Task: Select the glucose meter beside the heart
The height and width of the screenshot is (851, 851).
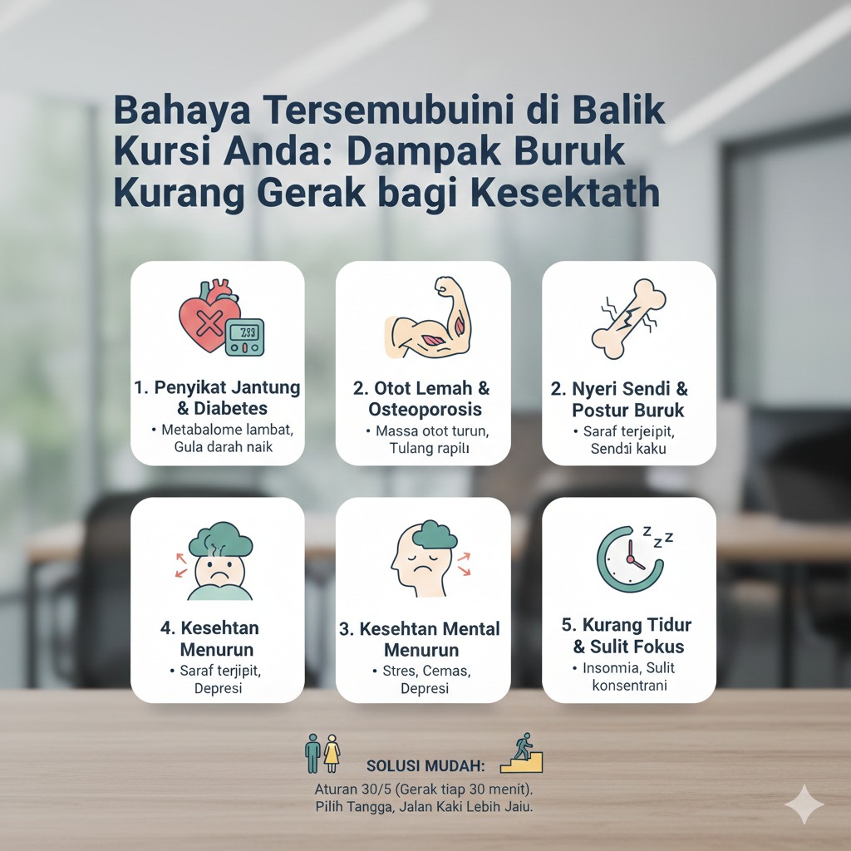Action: [x=247, y=336]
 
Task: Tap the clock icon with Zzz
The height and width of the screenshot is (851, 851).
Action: [x=632, y=557]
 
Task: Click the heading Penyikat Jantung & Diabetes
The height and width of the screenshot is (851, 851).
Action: [x=218, y=398]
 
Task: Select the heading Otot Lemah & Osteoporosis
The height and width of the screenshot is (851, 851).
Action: [x=423, y=398]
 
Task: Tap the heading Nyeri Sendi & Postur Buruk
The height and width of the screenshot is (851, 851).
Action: [x=629, y=398]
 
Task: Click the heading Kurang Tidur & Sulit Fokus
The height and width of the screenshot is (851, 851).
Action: [x=629, y=635]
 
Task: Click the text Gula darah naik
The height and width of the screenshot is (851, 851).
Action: [x=218, y=447]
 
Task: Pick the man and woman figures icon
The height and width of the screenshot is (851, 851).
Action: [x=322, y=753]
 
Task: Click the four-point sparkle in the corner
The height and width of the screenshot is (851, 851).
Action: [x=804, y=804]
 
